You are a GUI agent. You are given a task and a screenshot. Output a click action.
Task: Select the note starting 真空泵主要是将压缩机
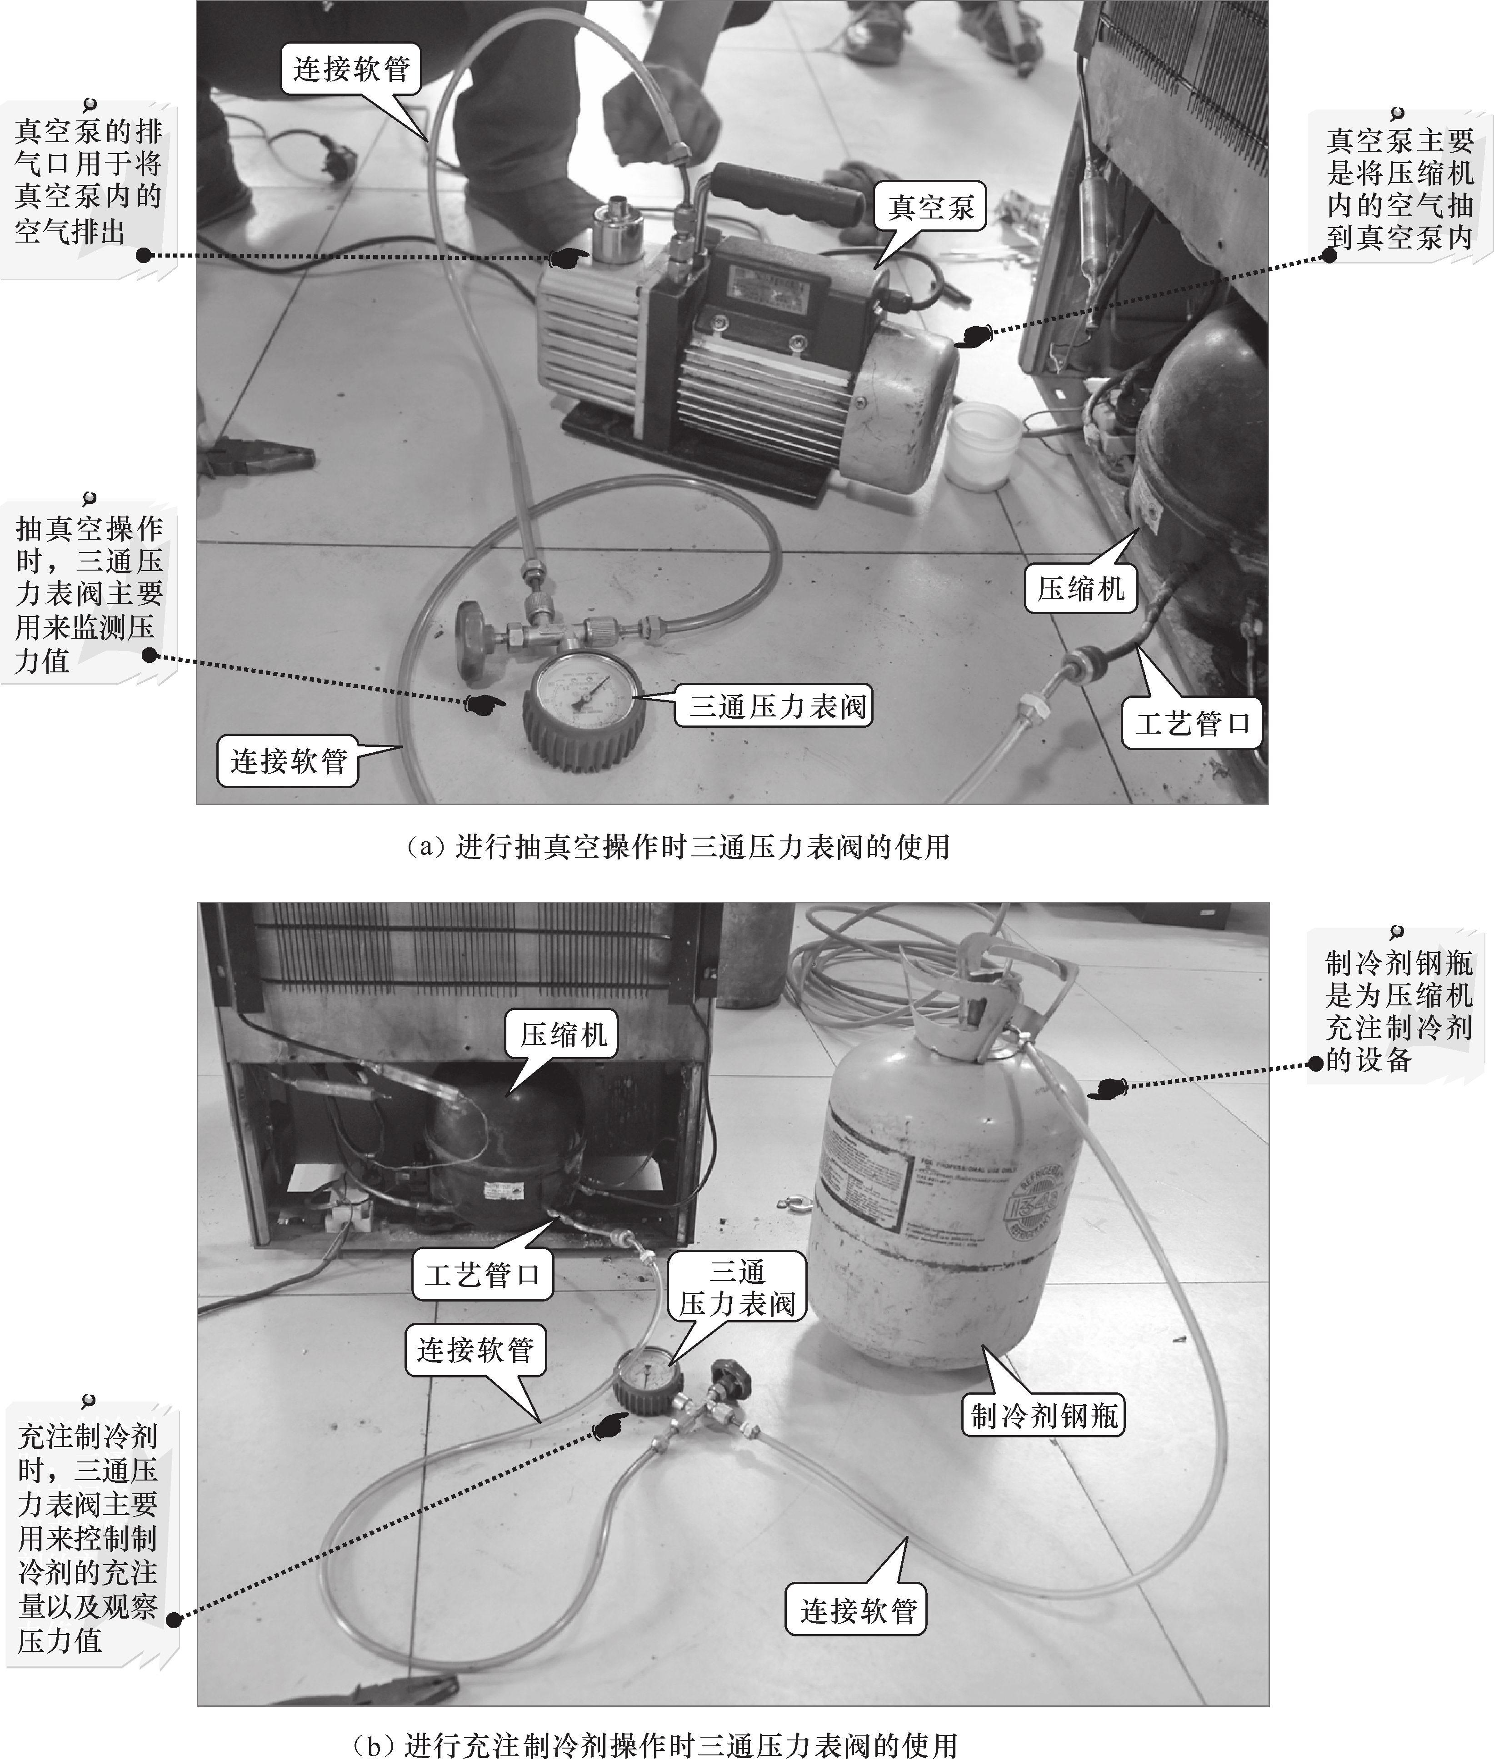point(1399,188)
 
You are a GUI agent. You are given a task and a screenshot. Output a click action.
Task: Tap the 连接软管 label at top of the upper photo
point(350,69)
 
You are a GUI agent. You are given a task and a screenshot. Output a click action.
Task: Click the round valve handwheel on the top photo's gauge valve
point(469,641)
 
